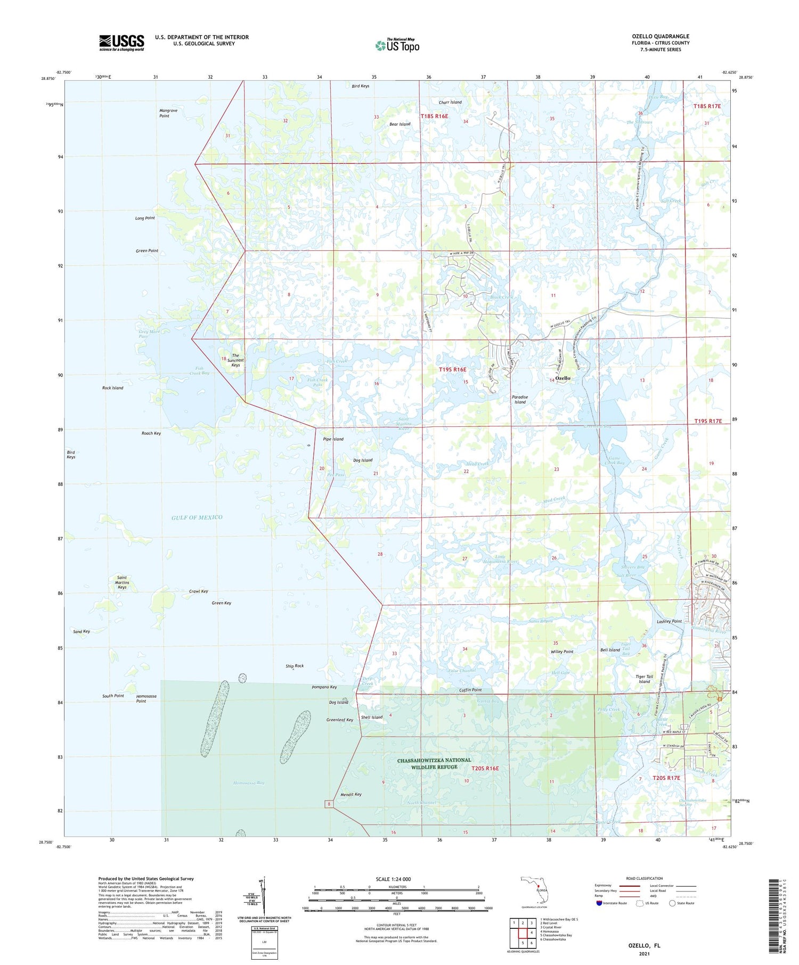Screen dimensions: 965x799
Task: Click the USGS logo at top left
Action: coord(121,43)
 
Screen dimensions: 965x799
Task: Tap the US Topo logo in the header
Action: coord(397,45)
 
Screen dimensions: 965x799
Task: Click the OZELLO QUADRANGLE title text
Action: coord(660,36)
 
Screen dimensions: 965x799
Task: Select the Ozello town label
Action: coord(563,378)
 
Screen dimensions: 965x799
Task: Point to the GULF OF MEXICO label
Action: coord(197,517)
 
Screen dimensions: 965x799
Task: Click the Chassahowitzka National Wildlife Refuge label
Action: coord(434,763)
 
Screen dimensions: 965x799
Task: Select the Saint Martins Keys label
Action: coord(122,582)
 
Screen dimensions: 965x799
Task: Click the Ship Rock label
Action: coord(295,665)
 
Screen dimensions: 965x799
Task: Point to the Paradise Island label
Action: coord(520,399)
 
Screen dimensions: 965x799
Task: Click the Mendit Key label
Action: coord(350,794)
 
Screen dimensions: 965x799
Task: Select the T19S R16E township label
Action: coord(452,369)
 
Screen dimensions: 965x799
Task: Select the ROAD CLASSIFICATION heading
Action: coord(644,878)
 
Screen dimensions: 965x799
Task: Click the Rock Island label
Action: coord(112,388)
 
